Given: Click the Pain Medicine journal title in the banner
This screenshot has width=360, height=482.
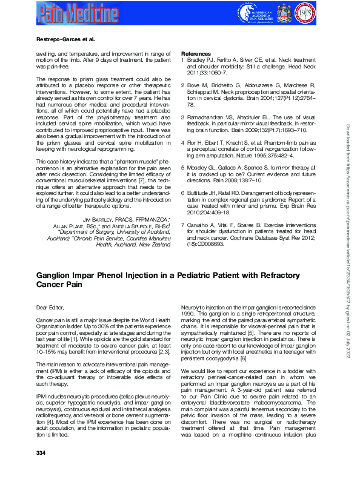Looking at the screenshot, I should click(x=76, y=12).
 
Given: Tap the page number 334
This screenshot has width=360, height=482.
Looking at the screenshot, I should click(x=41, y=469).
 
